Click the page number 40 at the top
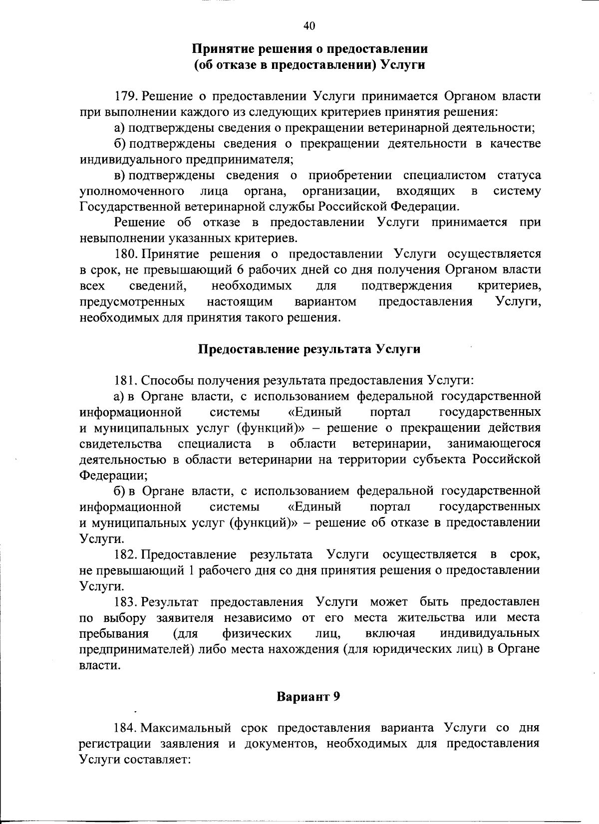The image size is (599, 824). click(309, 26)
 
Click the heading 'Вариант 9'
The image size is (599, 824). click(309, 696)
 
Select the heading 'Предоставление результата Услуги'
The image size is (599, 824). click(309, 349)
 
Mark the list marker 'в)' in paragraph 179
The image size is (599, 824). click(120, 175)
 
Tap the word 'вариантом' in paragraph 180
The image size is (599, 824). click(325, 302)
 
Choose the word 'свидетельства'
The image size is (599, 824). click(121, 444)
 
